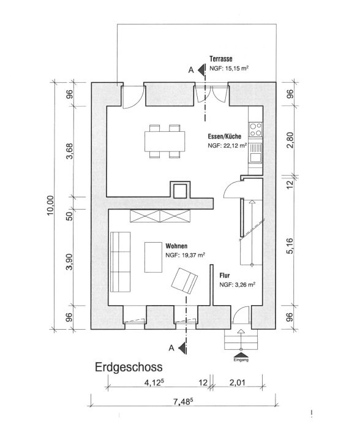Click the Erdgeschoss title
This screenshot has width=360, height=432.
pos(129,368)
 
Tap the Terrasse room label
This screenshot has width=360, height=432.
pos(221,59)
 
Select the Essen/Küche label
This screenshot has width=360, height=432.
pos(224,137)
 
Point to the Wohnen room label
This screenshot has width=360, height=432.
pos(176,246)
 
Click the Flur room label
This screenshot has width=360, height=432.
pos(225,275)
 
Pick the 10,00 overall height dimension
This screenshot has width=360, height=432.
pos(50,205)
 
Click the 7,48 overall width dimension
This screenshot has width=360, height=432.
pos(182,402)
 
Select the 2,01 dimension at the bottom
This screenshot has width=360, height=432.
pos(238,382)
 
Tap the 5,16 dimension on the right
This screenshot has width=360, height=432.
pos(290,246)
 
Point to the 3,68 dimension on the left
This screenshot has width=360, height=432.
pos(70,151)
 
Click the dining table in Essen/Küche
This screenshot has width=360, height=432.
pos(165,141)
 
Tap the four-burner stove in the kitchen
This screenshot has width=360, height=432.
pos(255,129)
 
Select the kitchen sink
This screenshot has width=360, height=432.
pos(255,153)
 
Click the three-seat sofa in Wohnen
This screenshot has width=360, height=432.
pos(120,262)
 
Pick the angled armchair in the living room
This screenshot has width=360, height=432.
pos(184,281)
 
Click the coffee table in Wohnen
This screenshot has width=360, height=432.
pos(153,257)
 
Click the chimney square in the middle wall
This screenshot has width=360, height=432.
pos(180,191)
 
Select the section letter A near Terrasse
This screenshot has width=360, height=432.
pos(191,70)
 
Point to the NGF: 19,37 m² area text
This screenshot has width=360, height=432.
pos(185,255)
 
